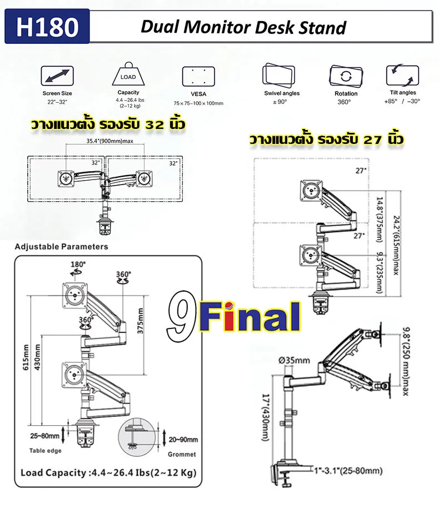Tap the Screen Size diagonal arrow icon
pyautogui.click(x=57, y=76)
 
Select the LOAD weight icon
pyautogui.click(x=128, y=76)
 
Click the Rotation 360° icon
pyautogui.click(x=342, y=77)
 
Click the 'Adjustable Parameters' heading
pyautogui.click(x=61, y=246)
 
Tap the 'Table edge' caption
pyautogui.click(x=46, y=451)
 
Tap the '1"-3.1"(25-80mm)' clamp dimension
pyautogui.click(x=347, y=471)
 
